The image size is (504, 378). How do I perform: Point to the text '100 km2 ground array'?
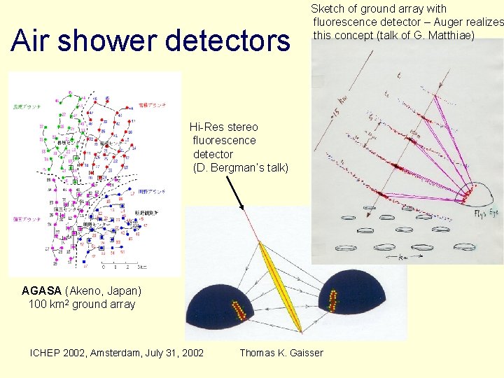click(x=82, y=304)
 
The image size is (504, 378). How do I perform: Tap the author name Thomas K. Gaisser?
click(x=281, y=353)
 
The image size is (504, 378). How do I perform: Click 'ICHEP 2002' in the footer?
click(x=59, y=353)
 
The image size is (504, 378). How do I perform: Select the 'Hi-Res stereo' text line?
click(x=224, y=127)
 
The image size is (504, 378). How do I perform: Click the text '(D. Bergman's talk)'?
click(x=240, y=167)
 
